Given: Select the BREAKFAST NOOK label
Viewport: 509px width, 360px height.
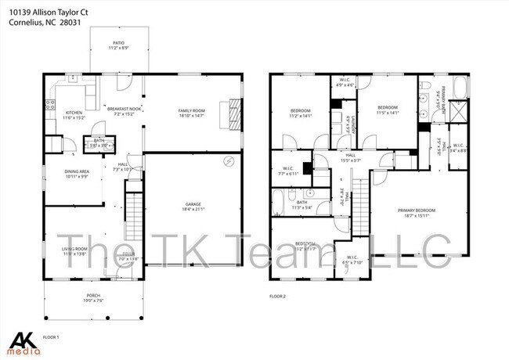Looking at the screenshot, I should click(125, 109).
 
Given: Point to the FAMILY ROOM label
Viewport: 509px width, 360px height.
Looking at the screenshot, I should click(191, 111).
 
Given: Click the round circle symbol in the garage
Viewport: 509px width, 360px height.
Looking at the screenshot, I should click(228, 161).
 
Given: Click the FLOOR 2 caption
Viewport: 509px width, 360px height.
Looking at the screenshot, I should click(278, 297).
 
